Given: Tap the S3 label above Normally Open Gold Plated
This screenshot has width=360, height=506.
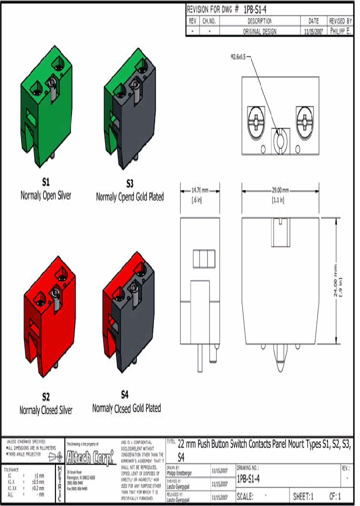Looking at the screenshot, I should coord(130,183).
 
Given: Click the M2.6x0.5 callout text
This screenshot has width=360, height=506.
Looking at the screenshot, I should coord(239,57).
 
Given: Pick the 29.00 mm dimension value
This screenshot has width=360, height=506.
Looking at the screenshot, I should coord(280,190).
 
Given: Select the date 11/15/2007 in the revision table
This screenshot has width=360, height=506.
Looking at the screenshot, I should coord(313,31).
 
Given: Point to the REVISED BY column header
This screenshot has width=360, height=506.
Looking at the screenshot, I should coord(340,21).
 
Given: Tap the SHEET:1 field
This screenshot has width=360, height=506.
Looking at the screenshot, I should coord(303,497).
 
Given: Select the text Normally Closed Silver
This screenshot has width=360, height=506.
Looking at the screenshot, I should coord(46,410).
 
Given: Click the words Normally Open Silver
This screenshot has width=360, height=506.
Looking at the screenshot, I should coord(45,195).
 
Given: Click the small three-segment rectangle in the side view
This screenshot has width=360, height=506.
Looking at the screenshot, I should coord(203,259).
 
